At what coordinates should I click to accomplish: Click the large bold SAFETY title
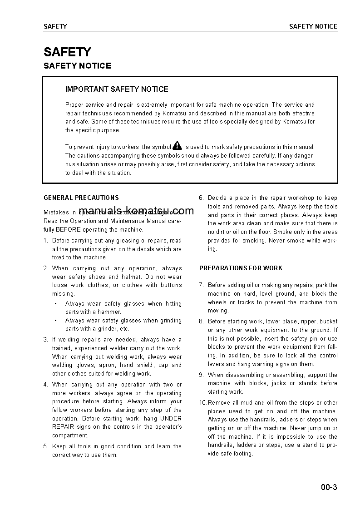click(x=67, y=52)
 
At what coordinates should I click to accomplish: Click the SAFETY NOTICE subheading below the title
click(x=77, y=66)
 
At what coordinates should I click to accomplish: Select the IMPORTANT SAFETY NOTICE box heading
click(x=117, y=89)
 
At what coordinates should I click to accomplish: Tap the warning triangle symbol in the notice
click(x=177, y=146)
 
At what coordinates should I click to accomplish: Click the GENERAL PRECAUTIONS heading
click(x=81, y=198)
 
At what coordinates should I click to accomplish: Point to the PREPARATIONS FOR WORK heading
click(x=241, y=268)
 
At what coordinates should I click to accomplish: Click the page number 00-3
click(x=329, y=488)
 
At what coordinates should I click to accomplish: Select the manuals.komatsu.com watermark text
click(x=136, y=210)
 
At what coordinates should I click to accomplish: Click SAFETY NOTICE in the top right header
click(x=313, y=26)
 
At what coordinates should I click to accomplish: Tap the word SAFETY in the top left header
click(x=55, y=26)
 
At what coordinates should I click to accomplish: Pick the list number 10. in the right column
click(x=203, y=402)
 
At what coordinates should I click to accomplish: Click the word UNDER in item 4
click(x=171, y=418)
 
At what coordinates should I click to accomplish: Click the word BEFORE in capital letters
click(x=68, y=229)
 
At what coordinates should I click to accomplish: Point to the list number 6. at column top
click(x=201, y=198)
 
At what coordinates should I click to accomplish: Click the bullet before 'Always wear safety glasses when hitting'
click(x=55, y=304)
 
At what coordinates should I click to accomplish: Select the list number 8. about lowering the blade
click(x=201, y=321)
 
